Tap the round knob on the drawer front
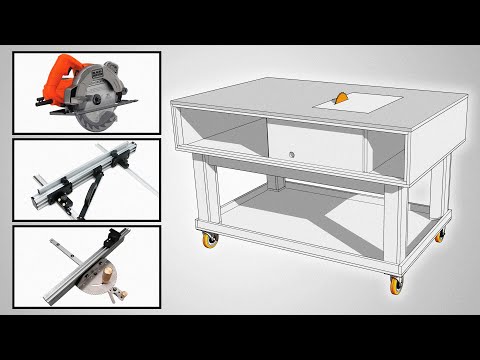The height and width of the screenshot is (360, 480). pyautogui.click(x=289, y=155)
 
